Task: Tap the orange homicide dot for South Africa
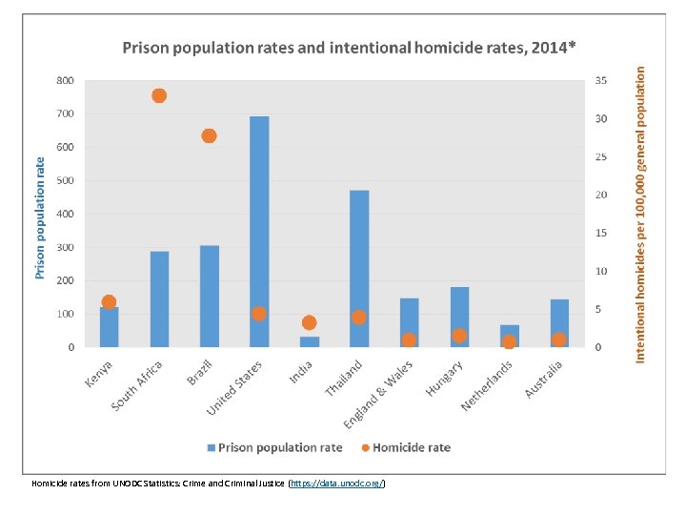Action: (159, 95)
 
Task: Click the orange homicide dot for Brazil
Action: (209, 135)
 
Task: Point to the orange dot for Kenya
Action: (109, 302)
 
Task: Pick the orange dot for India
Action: (309, 322)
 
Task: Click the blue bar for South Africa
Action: (159, 299)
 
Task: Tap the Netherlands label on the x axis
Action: (488, 386)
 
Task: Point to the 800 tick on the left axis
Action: (65, 81)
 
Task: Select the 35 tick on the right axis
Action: (599, 81)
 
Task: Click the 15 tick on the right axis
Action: (599, 234)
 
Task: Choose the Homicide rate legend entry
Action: (411, 447)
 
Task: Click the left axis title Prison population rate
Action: (40, 217)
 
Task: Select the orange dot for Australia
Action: (559, 340)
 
